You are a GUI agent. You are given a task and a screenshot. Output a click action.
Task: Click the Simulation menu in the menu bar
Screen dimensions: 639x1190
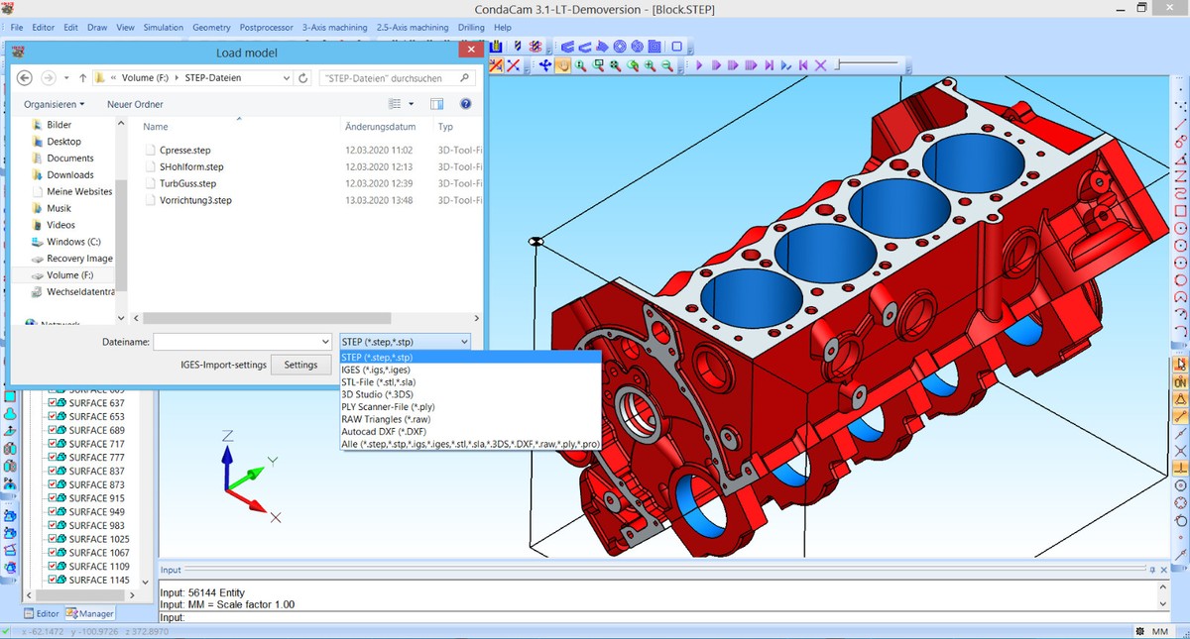pos(163,28)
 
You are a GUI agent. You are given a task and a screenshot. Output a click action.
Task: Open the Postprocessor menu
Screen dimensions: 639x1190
pos(265,28)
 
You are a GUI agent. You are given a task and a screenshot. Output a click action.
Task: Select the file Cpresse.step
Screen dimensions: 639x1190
pos(184,151)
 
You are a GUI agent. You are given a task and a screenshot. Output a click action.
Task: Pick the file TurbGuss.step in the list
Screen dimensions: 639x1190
pos(187,183)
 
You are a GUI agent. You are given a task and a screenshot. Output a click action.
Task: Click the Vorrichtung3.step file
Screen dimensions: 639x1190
pos(194,200)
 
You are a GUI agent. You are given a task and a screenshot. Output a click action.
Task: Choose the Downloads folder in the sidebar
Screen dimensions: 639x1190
pos(69,175)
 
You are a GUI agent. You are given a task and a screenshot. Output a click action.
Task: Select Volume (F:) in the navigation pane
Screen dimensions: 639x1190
pos(69,275)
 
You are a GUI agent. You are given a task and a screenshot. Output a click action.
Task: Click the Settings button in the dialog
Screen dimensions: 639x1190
pos(300,365)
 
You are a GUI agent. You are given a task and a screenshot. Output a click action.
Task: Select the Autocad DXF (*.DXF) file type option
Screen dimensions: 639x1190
pos(383,432)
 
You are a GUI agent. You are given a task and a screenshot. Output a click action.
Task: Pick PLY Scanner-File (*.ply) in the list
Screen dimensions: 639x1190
pos(388,407)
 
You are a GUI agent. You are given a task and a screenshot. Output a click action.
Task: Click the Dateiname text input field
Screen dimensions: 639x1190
pos(242,342)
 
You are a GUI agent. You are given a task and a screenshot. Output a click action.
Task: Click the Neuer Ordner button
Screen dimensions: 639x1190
pos(135,104)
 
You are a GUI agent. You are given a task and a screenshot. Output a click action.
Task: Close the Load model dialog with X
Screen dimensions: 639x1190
pos(469,53)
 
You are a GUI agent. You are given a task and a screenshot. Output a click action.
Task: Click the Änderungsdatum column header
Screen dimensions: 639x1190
pos(380,127)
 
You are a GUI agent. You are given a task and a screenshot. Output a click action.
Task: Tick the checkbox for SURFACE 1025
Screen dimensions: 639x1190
pos(53,540)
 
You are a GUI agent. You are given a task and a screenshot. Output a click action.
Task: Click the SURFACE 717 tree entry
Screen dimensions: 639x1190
pos(96,445)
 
